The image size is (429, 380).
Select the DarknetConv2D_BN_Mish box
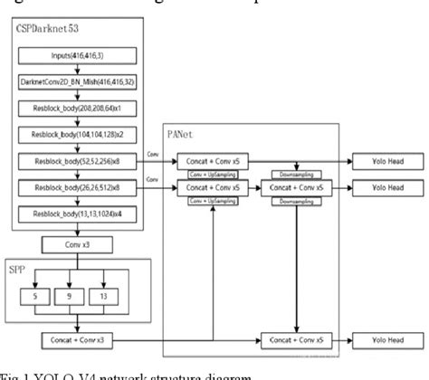point(76,83)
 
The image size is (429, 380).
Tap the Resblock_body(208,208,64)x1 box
point(76,110)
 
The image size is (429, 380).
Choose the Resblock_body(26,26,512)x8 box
point(76,188)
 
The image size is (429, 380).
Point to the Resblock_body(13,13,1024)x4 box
point(76,214)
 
